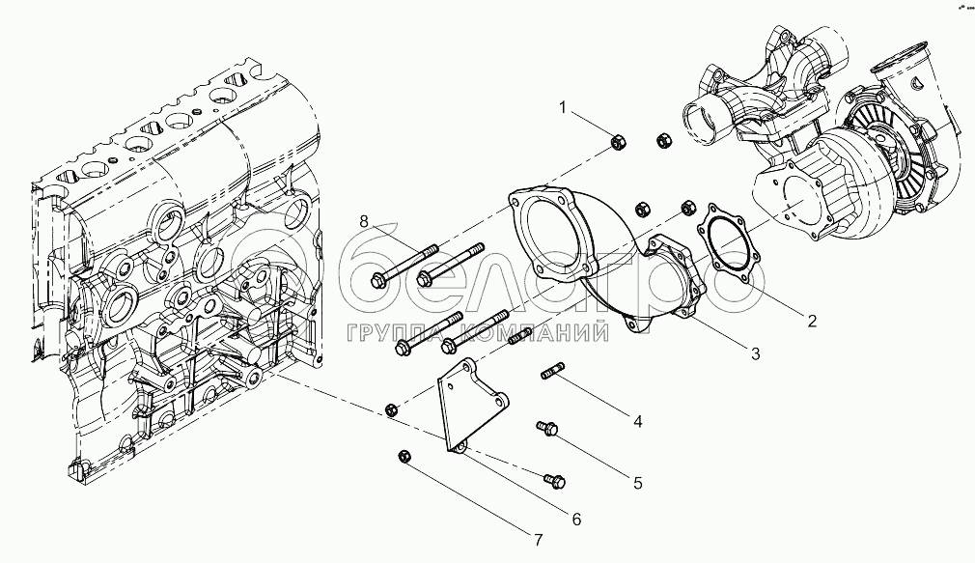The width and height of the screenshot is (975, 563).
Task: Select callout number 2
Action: coord(812,320)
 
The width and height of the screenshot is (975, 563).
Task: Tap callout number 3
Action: coord(755,353)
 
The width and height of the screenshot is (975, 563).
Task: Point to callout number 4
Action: coord(637,420)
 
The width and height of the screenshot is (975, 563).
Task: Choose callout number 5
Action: coord(637,479)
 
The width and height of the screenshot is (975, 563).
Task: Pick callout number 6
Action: coord(576,519)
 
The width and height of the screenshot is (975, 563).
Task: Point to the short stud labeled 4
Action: coord(554,371)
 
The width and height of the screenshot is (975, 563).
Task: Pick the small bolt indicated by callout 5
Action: coord(547,426)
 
